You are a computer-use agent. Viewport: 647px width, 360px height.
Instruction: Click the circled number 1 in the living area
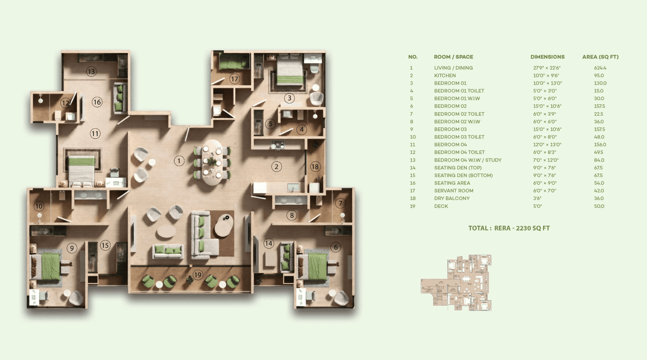(x=179, y=161)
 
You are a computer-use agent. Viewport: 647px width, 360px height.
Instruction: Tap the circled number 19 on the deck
(x=198, y=275)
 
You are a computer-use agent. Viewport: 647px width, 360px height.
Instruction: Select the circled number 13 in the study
(x=91, y=71)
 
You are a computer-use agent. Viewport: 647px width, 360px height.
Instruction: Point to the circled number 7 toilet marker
(x=341, y=203)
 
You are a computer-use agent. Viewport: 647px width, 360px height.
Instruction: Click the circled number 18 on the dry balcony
(x=315, y=167)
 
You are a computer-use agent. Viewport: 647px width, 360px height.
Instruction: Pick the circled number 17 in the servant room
(x=234, y=79)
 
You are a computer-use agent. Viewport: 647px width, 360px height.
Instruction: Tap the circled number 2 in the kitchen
(x=276, y=166)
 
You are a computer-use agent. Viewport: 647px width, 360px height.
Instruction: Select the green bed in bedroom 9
(x=50, y=266)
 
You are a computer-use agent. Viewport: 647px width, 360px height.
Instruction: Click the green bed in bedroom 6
(x=317, y=266)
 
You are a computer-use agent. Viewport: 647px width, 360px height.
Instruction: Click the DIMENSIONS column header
(x=547, y=57)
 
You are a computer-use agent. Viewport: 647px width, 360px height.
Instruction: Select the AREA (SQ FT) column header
(x=600, y=57)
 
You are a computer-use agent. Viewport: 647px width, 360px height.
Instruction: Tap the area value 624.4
(x=600, y=68)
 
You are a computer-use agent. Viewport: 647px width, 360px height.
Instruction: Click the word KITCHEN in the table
(x=445, y=75)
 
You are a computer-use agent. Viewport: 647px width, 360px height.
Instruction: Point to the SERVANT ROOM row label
(x=453, y=191)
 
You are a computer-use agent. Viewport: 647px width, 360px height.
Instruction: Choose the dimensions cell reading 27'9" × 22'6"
(x=546, y=68)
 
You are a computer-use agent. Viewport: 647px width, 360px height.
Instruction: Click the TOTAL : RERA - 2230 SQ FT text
(x=509, y=228)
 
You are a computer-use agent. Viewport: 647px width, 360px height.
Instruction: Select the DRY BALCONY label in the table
(x=452, y=198)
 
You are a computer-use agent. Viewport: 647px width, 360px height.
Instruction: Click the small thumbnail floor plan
(x=456, y=282)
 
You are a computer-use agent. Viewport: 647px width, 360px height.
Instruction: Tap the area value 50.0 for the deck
(x=599, y=206)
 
